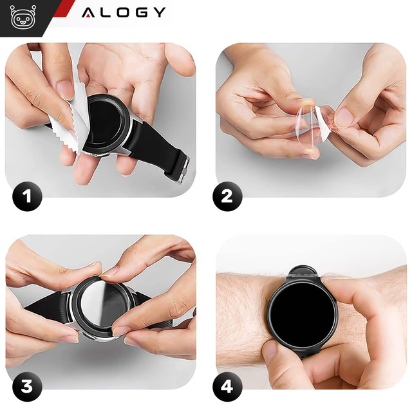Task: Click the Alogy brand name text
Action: click(x=124, y=12)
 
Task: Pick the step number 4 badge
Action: click(x=227, y=387)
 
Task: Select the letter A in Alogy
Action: click(x=89, y=12)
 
